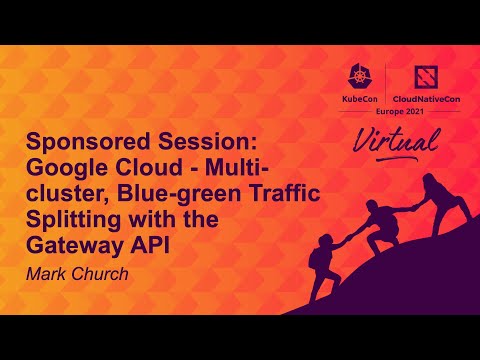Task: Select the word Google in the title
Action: pos(70,165)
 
